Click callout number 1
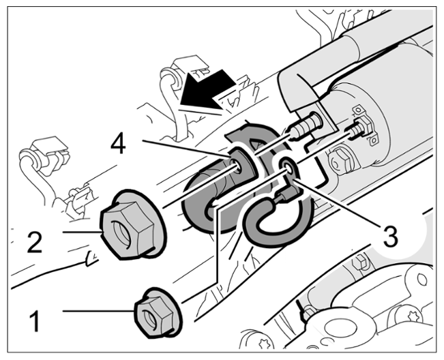click(35, 320)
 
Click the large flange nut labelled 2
click(132, 225)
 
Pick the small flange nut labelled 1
click(158, 313)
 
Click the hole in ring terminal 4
click(235, 164)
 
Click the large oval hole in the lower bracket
click(336, 329)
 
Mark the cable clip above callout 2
click(48, 155)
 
